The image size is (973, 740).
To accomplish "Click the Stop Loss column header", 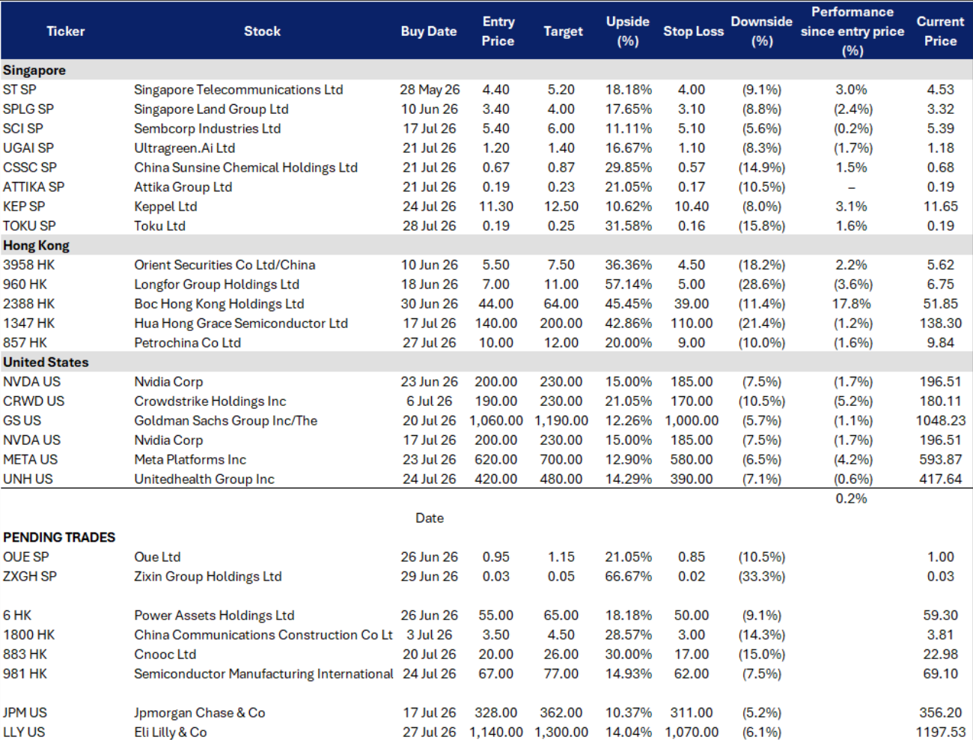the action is click(693, 31).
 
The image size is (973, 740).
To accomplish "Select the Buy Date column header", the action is click(429, 31).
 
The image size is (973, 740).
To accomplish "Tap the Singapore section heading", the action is click(34, 70).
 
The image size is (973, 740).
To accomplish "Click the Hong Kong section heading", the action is click(36, 246).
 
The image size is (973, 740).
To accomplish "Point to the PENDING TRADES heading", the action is click(59, 537).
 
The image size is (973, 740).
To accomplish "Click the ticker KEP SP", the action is click(24, 207).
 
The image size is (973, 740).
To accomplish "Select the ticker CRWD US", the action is click(34, 401).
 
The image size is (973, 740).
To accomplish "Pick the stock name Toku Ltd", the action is click(159, 226).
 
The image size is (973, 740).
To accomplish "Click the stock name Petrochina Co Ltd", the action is click(188, 343).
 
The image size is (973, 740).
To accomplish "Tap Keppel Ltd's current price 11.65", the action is click(940, 207).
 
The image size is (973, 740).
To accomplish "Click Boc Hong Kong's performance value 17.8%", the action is click(851, 304).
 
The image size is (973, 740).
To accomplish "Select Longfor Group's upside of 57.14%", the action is click(628, 284).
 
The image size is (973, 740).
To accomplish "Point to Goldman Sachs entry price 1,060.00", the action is click(496, 420).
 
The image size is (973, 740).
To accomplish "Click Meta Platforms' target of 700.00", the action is click(561, 459).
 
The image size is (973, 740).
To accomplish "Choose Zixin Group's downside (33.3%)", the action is click(761, 577).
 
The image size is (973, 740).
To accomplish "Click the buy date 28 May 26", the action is click(430, 90).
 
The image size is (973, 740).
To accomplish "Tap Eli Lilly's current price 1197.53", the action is click(940, 732).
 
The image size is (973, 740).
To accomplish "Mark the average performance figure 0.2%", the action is click(851, 498).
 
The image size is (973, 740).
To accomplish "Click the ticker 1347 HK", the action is click(28, 324).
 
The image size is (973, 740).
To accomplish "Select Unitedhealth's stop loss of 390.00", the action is click(691, 479).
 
